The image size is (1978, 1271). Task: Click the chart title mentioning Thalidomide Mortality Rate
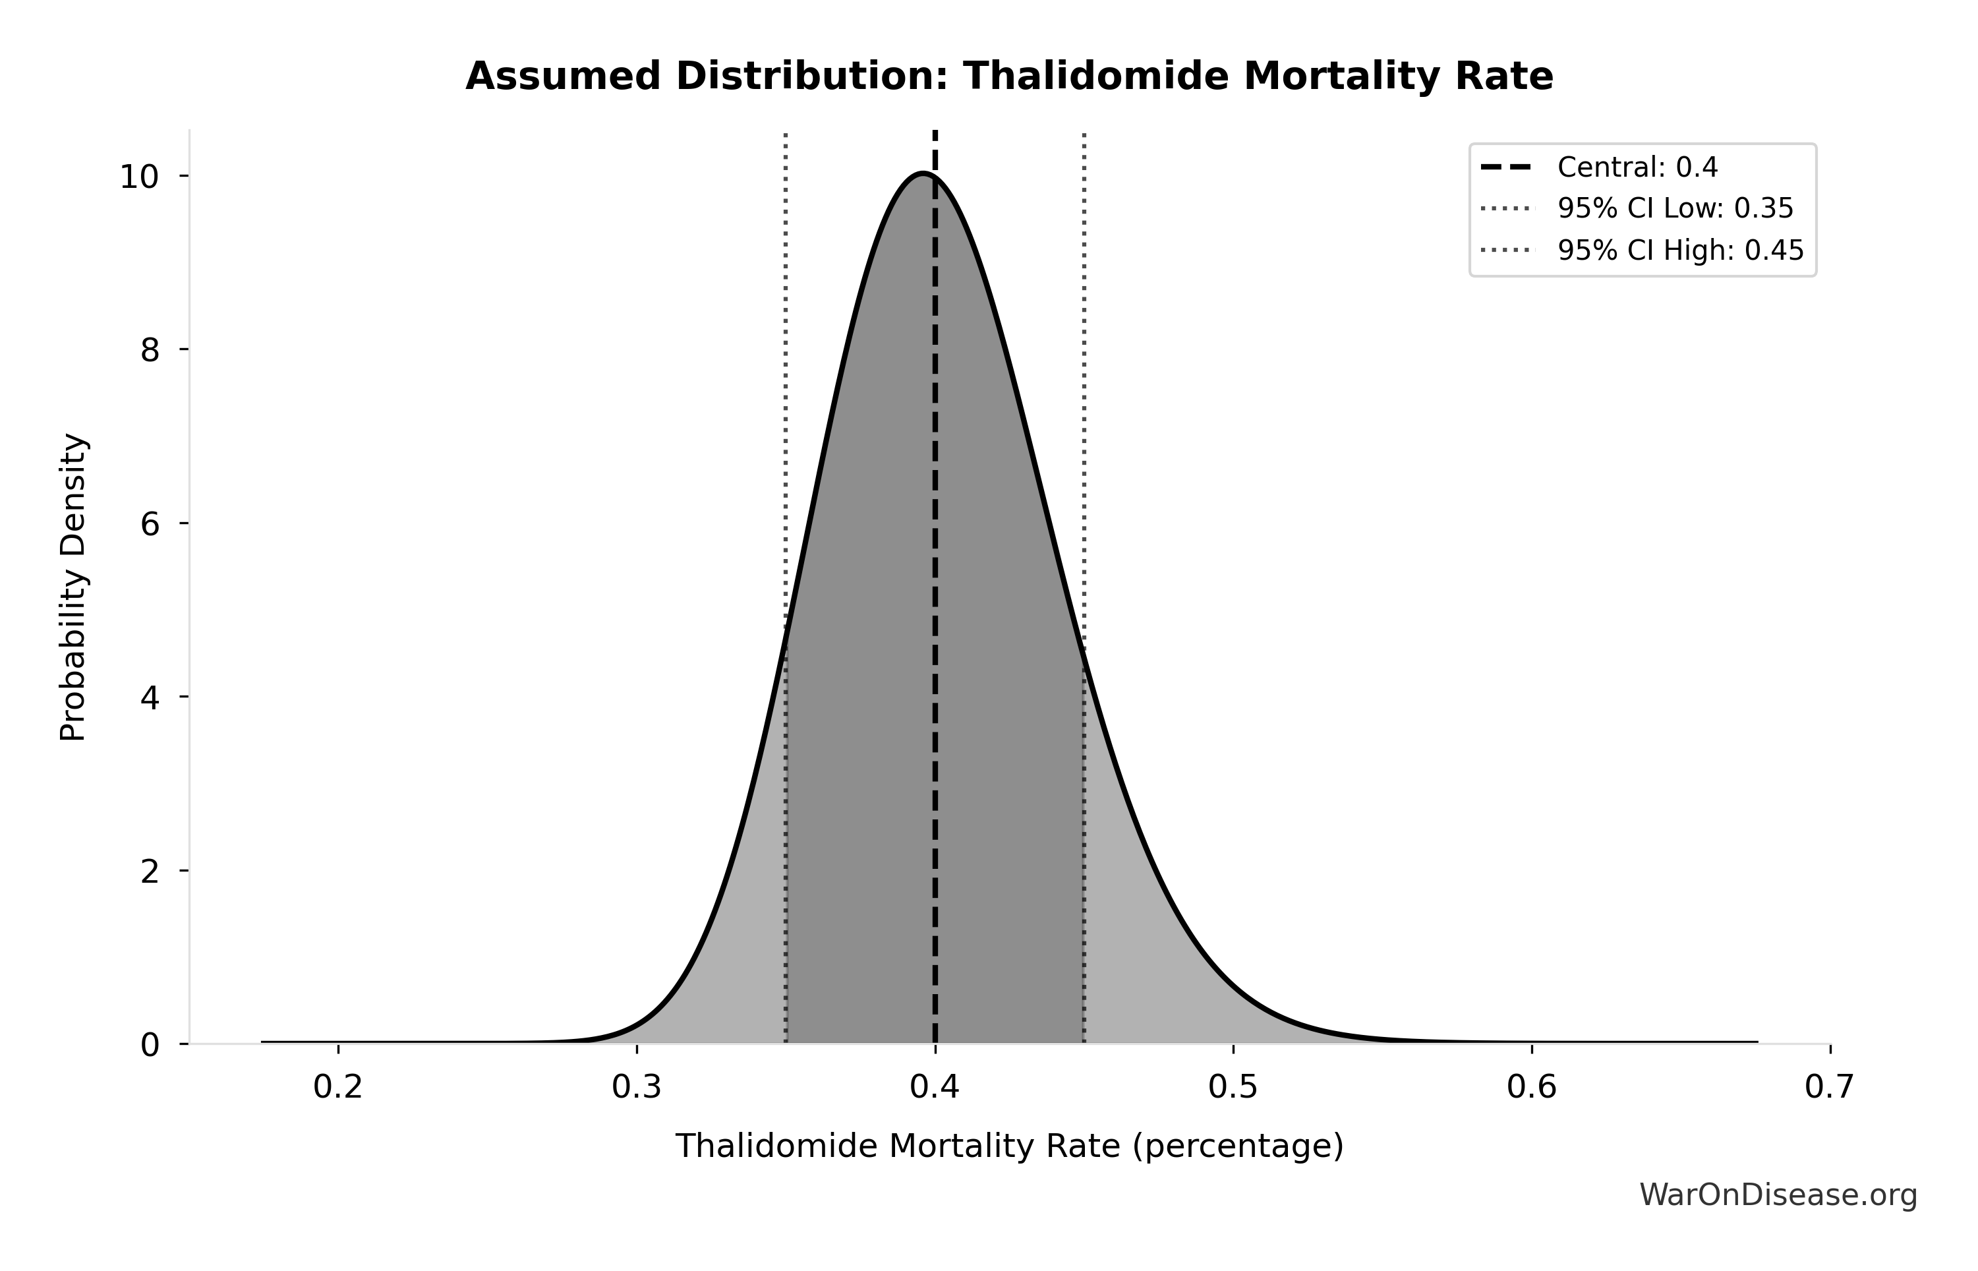tap(1008, 76)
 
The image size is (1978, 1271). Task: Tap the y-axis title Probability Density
tap(73, 587)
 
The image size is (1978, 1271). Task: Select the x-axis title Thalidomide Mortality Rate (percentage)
tap(1009, 1146)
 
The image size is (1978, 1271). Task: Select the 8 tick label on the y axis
tap(150, 350)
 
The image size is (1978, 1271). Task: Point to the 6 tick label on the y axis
tap(150, 523)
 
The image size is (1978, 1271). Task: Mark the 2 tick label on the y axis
tap(150, 871)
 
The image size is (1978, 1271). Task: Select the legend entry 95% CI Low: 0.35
tap(1674, 209)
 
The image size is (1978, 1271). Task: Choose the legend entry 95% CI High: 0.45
tap(1680, 250)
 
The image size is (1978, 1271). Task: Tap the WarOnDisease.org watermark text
tap(1778, 1195)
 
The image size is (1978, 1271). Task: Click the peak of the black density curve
tap(923, 173)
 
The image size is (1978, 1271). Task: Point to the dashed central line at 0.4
tap(935, 577)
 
